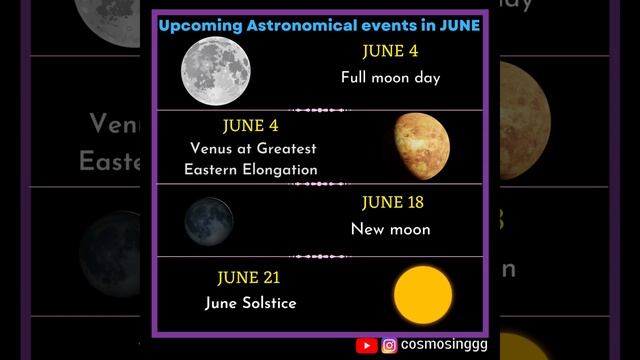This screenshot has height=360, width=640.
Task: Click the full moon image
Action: [x=216, y=70]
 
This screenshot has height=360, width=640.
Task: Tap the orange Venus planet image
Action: [x=421, y=141]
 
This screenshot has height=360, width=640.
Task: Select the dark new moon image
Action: [x=208, y=221]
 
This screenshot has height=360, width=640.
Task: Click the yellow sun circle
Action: [x=422, y=295]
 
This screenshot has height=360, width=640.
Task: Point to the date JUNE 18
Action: [x=390, y=203]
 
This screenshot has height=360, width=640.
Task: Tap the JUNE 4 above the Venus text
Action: [x=251, y=127]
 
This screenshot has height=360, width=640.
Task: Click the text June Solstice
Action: [x=251, y=302]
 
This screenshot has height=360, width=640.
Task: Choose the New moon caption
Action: [x=390, y=229]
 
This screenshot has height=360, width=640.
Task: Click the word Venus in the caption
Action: [x=212, y=149]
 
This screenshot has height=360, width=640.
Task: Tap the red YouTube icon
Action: [x=367, y=345]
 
